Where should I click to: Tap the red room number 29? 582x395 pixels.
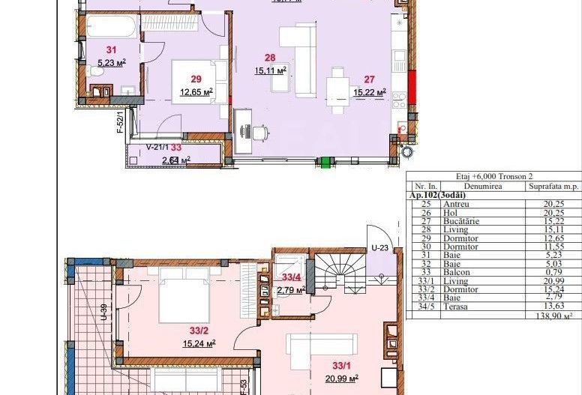pos(196,79)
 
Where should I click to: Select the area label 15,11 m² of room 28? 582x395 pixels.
pos(271,71)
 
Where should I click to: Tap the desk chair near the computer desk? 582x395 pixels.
pos(259,133)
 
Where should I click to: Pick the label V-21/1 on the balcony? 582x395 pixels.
pos(157,148)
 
